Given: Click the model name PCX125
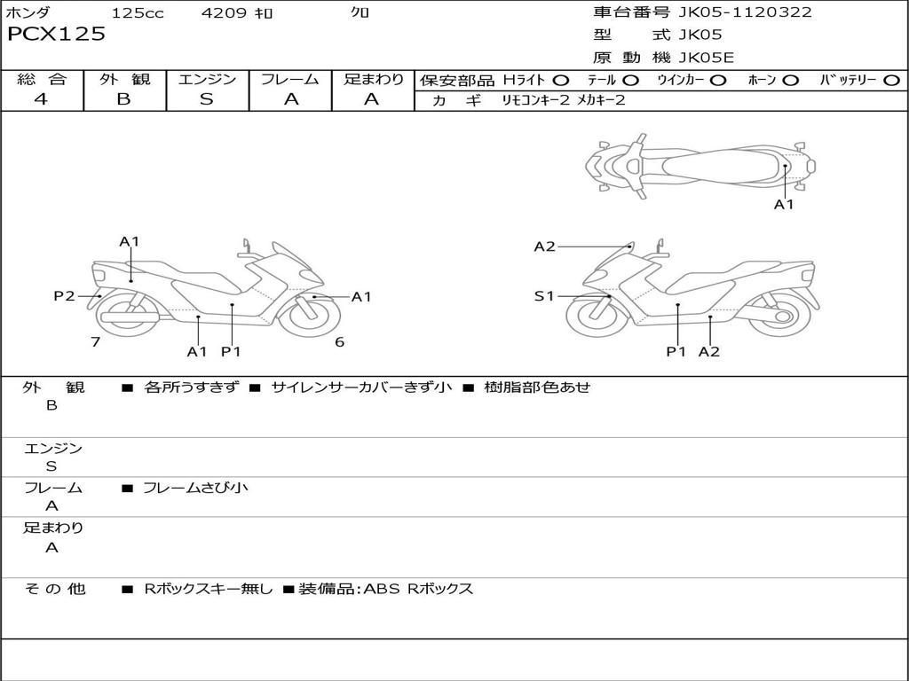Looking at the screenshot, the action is (56, 35).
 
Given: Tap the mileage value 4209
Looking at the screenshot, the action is (225, 13).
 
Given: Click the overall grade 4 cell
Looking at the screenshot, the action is (41, 99).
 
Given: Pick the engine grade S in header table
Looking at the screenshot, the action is (206, 99).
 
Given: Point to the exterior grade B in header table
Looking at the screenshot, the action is (123, 99).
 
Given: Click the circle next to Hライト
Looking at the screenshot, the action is (561, 80).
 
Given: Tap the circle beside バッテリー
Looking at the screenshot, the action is (892, 80).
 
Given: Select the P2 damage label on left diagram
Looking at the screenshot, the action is (64, 296).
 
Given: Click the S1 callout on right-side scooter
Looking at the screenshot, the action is (544, 296).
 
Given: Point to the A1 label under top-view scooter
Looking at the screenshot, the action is (784, 205).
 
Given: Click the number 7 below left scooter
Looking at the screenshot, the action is (95, 342).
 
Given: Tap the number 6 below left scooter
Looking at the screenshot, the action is (339, 342).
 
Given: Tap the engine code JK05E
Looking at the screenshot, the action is (707, 59).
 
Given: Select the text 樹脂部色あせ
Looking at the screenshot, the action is (536, 387).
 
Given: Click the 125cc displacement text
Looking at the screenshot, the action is (138, 13).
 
